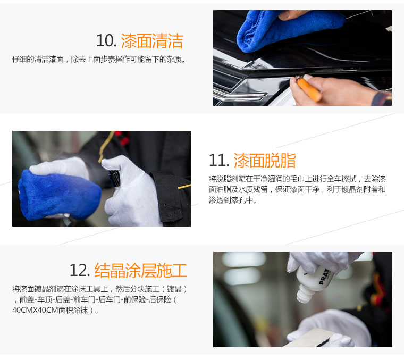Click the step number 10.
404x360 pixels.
106,41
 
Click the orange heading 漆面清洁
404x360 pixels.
152,41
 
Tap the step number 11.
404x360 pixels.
219,160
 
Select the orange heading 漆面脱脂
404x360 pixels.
265,161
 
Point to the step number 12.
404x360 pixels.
80,270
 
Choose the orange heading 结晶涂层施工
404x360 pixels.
141,271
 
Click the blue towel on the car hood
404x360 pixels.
288,30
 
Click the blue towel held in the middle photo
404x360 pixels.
59,195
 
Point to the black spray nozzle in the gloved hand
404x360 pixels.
114,178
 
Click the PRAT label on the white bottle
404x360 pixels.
324,277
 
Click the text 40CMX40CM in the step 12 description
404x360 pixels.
35,310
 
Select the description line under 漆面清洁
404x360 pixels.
99,59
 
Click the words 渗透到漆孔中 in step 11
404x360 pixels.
231,200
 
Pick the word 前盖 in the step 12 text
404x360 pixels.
27,299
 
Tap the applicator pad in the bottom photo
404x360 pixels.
309,338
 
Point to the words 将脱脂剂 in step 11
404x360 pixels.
224,179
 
